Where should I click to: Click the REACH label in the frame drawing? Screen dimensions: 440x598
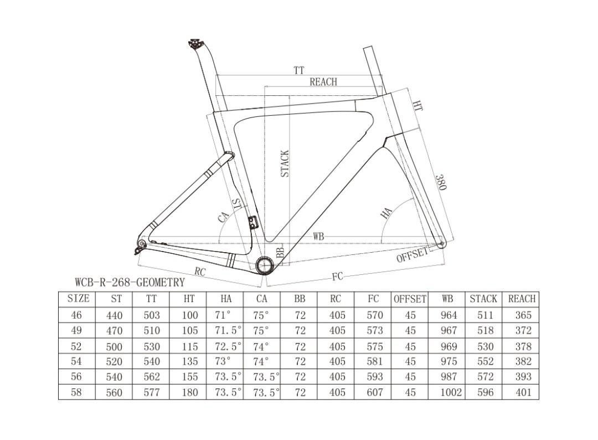click(323, 82)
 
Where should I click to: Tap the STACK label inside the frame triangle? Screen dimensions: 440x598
click(285, 164)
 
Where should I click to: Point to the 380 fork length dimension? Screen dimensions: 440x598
click(440, 182)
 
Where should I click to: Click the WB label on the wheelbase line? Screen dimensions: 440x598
click(318, 237)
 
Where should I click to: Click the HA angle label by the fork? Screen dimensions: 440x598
click(387, 213)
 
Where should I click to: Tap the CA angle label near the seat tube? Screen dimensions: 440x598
click(224, 217)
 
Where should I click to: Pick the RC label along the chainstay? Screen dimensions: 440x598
click(200, 272)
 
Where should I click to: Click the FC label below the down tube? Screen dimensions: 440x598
click(337, 276)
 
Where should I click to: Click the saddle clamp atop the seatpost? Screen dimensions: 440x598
click(194, 44)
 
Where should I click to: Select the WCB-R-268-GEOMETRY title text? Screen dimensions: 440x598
click(130, 283)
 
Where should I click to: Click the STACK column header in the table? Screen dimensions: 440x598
click(483, 299)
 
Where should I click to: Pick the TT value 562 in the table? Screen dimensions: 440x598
click(151, 377)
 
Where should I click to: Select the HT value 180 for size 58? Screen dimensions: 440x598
click(189, 392)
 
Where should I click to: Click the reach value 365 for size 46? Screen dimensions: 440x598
click(522, 315)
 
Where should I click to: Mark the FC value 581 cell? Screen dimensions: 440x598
click(374, 361)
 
